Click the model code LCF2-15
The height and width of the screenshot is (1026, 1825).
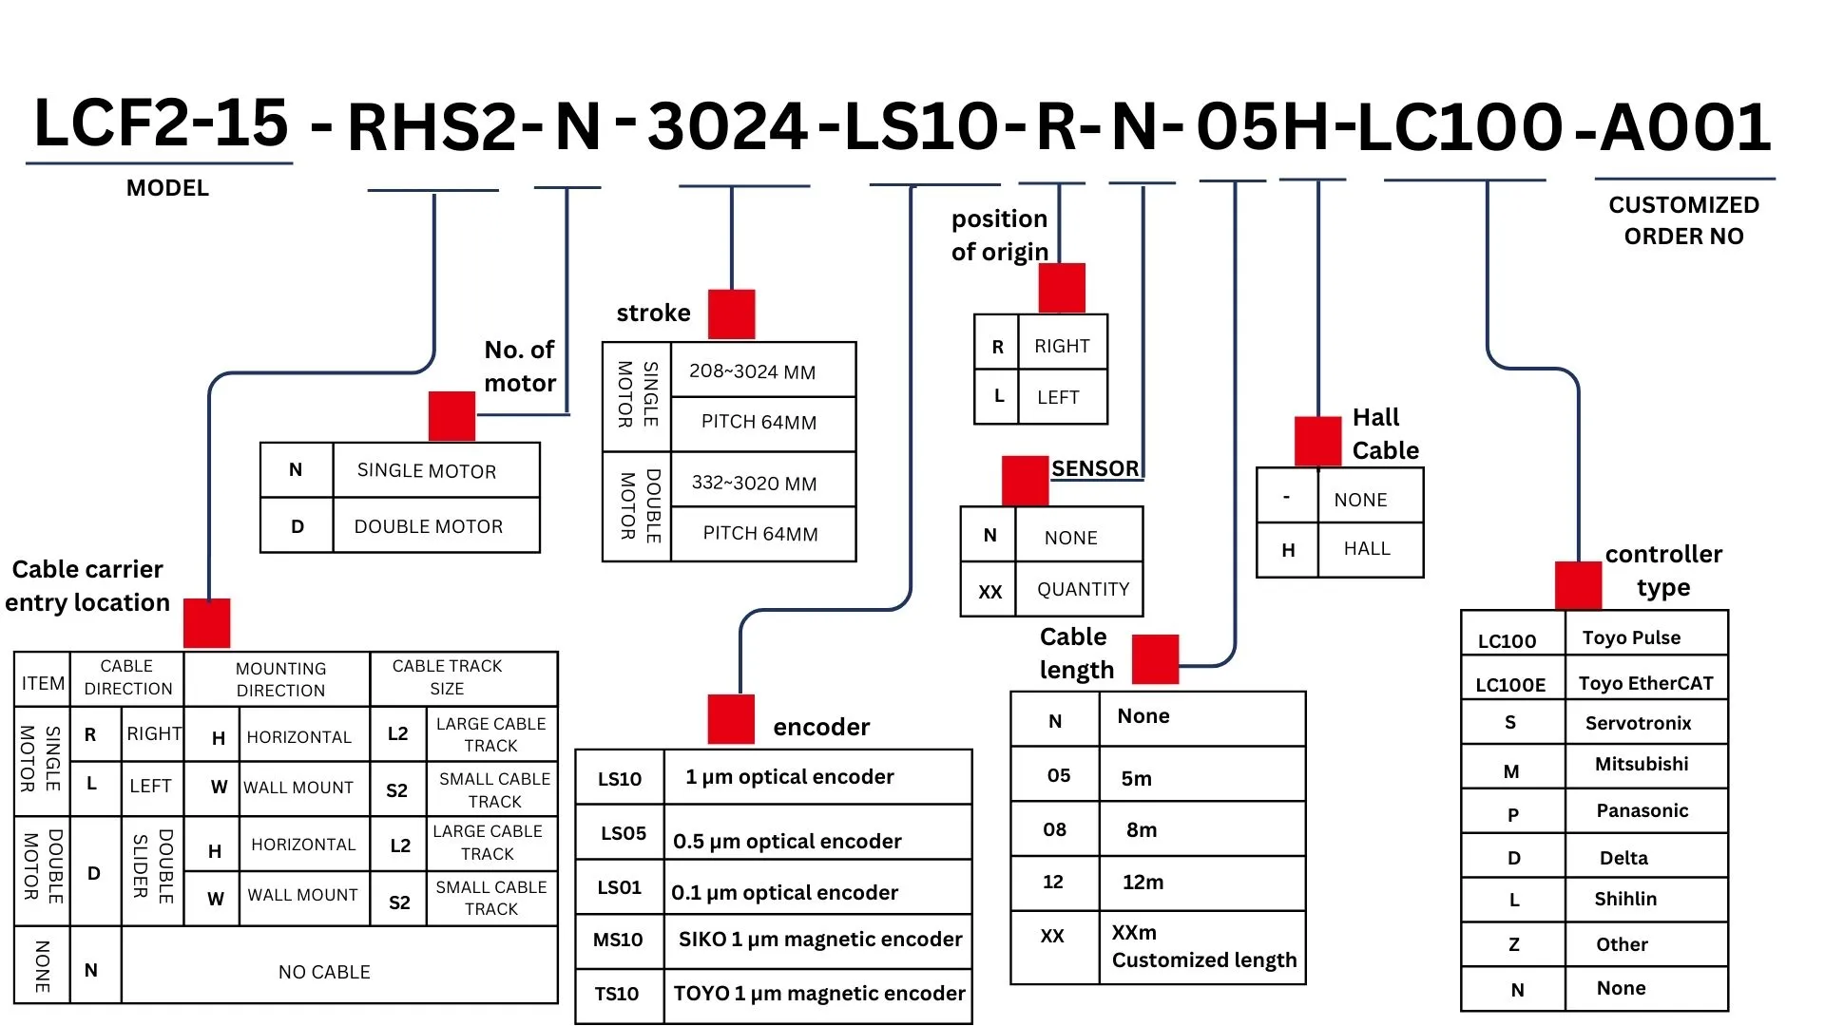tap(161, 123)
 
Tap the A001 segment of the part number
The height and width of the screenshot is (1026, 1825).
tap(1685, 127)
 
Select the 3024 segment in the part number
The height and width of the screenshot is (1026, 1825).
tap(728, 127)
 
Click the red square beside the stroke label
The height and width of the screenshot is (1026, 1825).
tap(731, 313)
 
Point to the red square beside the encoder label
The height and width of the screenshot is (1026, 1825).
tap(731, 719)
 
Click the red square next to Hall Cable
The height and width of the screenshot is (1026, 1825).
tap(1318, 441)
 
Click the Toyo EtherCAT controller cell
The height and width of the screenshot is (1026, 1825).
tap(1645, 682)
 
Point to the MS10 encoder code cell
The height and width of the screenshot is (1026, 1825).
tap(620, 940)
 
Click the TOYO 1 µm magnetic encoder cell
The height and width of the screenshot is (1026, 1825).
tap(818, 995)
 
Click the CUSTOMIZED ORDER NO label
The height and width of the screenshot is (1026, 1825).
tap(1683, 220)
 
